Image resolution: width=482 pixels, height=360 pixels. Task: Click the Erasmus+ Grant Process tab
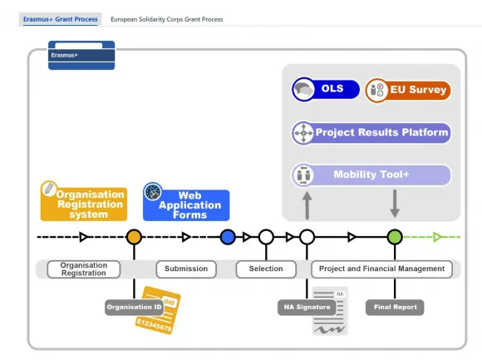(x=60, y=19)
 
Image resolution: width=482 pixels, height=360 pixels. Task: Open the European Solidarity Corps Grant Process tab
(x=166, y=19)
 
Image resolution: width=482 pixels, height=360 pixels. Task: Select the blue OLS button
(x=326, y=89)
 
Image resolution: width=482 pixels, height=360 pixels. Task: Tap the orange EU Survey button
(x=408, y=90)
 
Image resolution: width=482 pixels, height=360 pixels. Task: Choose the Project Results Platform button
(x=371, y=133)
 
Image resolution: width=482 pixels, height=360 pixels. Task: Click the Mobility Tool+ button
(x=371, y=175)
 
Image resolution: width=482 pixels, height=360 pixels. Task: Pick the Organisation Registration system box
(x=84, y=201)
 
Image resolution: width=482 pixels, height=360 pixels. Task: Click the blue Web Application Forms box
(x=186, y=203)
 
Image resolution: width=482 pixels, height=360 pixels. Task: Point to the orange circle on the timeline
(x=134, y=237)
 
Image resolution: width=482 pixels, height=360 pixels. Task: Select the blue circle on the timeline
(x=228, y=237)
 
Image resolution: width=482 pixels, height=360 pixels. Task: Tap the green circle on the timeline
(x=395, y=237)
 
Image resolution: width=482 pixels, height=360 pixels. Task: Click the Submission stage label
(x=186, y=269)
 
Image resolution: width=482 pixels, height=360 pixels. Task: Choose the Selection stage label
(x=266, y=269)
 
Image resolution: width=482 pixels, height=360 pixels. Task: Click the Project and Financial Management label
(x=381, y=269)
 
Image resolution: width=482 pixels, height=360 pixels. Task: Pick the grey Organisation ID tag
(x=134, y=308)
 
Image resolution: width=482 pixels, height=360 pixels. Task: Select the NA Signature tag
(x=307, y=308)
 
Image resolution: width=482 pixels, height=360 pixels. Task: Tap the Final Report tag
(x=395, y=308)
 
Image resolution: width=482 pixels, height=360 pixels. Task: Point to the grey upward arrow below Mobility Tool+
(x=307, y=205)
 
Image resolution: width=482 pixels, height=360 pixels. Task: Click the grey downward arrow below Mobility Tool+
(x=395, y=204)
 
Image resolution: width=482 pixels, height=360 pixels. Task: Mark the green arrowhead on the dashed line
(x=438, y=237)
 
